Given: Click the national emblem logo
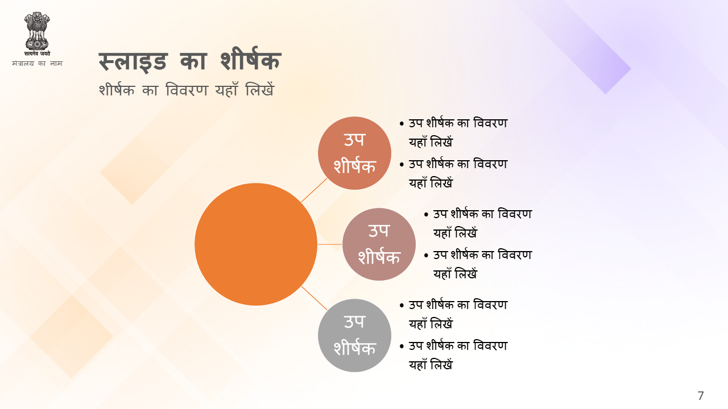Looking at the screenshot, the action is point(37,34).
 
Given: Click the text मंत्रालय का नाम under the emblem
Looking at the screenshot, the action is point(37,63).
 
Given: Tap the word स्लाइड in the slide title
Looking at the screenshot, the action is point(133,62).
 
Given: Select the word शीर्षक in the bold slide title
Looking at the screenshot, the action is point(250,59).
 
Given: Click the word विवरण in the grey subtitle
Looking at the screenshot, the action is point(187,90).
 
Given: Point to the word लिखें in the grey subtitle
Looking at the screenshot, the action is point(260,89).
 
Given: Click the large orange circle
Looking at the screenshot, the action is point(256,244).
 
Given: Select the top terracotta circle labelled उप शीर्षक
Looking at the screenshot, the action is point(354,153).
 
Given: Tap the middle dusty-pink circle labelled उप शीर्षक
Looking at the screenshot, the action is point(379,244).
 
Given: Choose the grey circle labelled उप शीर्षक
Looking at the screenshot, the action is point(354,335).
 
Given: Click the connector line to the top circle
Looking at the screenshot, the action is point(315,190).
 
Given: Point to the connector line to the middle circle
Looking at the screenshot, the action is point(330,244).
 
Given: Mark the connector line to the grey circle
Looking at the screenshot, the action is point(315,298).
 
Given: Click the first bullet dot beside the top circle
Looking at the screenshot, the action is point(402,124).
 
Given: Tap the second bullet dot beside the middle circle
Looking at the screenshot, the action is point(427,256).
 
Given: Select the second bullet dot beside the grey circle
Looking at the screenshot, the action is point(402,347).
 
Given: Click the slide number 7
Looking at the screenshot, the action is point(701,396).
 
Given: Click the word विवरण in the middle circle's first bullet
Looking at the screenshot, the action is point(515,214).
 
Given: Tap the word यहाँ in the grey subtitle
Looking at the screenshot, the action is point(227,89).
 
